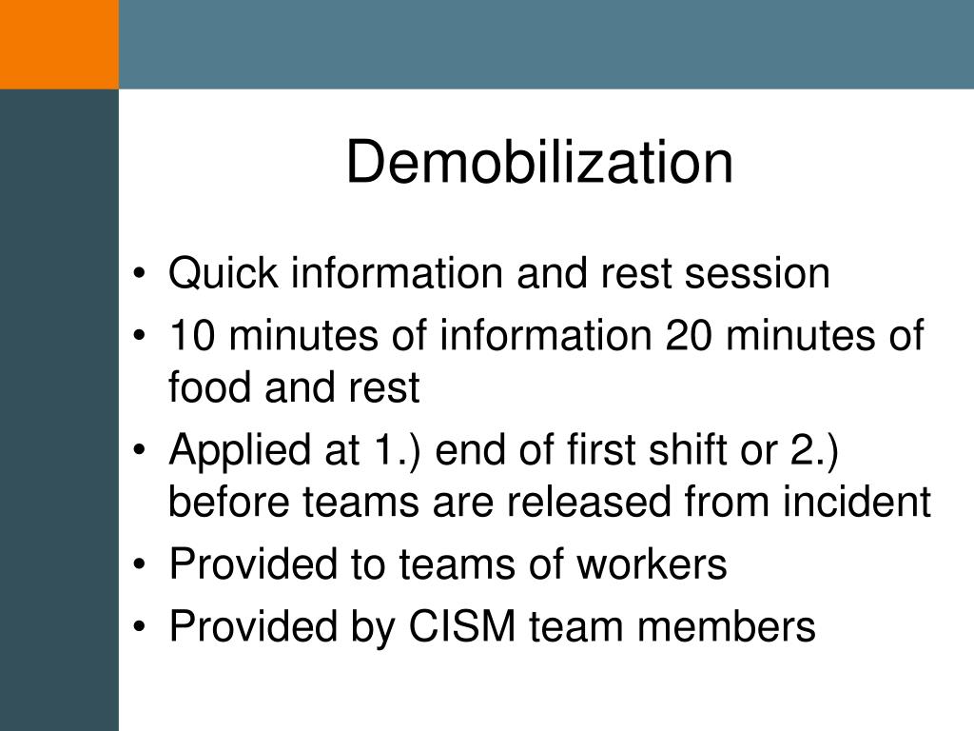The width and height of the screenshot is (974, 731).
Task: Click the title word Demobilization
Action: click(x=539, y=163)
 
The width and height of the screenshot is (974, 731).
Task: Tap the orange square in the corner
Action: click(x=59, y=44)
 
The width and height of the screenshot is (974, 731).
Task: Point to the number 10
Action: click(x=192, y=337)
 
